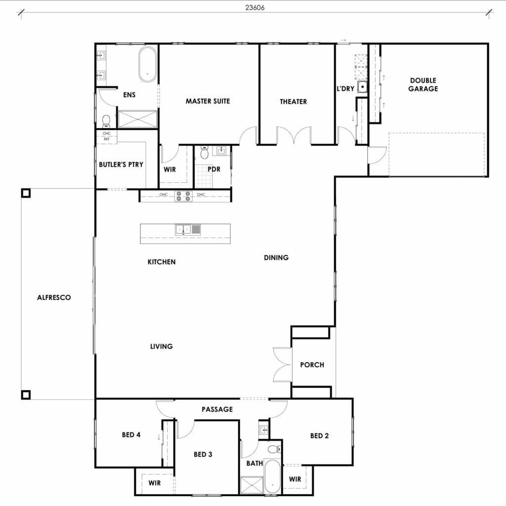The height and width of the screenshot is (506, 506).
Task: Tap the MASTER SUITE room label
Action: [208, 101]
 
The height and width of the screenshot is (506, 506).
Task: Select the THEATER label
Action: [294, 101]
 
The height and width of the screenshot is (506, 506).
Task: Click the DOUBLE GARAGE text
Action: [423, 84]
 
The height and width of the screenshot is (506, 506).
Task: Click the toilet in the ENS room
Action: [106, 121]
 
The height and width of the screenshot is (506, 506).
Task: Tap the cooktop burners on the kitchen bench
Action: [183, 196]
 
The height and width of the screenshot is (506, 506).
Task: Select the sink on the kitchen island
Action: [183, 229]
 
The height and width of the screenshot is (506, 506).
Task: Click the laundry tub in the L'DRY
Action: [363, 87]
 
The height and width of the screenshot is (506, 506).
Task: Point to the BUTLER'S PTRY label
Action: [121, 164]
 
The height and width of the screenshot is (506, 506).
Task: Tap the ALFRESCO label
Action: [54, 297]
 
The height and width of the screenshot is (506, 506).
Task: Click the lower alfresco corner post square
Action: [26, 394]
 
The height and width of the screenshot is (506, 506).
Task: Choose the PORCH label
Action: [312, 365]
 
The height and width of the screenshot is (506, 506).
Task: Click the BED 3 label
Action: [203, 454]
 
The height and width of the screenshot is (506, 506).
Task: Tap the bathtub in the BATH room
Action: [272, 476]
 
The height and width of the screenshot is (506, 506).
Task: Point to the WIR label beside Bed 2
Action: [295, 479]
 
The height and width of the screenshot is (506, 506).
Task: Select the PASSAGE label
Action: [217, 409]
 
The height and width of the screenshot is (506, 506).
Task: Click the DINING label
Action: [276, 257]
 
